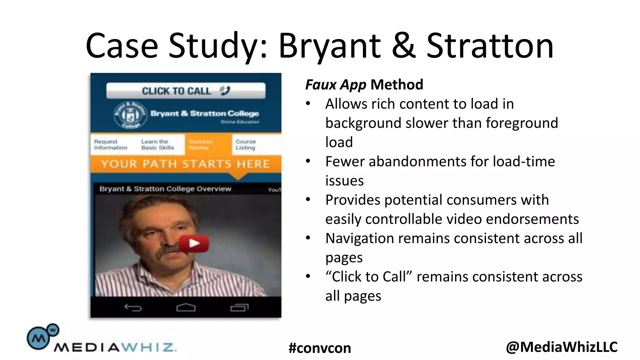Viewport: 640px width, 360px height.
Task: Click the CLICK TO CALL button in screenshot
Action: point(186,91)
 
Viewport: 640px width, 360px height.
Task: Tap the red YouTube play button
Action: point(194,243)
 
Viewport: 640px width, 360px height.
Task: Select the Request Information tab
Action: point(111,145)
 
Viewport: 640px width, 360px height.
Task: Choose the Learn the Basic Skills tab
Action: point(157,145)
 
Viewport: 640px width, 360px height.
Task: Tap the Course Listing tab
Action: point(246,145)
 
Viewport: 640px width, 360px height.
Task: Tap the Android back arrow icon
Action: point(133,308)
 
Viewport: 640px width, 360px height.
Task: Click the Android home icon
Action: point(186,307)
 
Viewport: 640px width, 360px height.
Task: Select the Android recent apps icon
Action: point(239,308)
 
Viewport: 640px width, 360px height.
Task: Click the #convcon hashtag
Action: point(320,348)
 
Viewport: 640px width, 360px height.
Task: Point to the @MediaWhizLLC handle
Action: point(562,347)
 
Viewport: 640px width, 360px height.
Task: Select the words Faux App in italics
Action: point(336,85)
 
